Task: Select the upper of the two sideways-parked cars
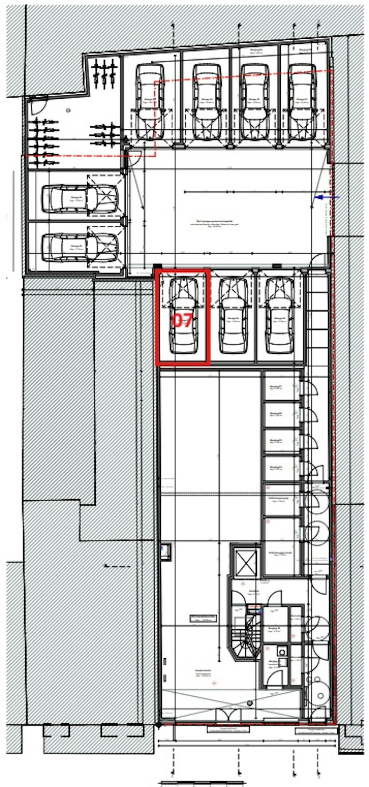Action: coord(79,199)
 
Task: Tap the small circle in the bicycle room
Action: coord(68,110)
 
